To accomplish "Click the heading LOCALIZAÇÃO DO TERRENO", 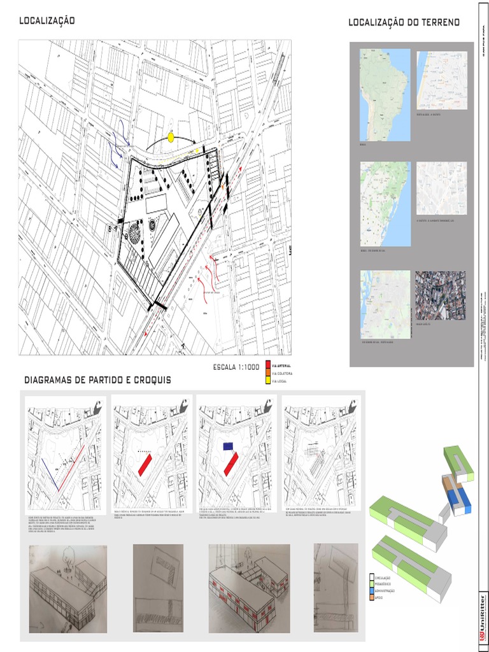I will pyautogui.click(x=404, y=23).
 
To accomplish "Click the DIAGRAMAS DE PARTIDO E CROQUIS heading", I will pyautogui.click(x=97, y=380).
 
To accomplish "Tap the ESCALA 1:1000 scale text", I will pyautogui.click(x=236, y=367).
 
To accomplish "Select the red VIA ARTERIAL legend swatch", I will pyautogui.click(x=268, y=365).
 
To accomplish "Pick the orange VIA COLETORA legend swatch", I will pyautogui.click(x=268, y=373).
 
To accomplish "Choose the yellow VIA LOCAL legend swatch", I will pyautogui.click(x=268, y=381).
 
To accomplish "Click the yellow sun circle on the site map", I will pyautogui.click(x=171, y=137).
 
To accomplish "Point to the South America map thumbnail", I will pyautogui.click(x=385, y=95).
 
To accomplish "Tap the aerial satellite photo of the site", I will pyautogui.click(x=441, y=295).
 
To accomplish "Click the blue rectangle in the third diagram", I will pyautogui.click(x=227, y=446).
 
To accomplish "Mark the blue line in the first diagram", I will pyautogui.click(x=50, y=474).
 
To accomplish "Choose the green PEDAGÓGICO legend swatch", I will pyautogui.click(x=372, y=585).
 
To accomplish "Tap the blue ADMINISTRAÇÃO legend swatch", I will pyautogui.click(x=372, y=591).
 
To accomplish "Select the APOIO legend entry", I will pyautogui.click(x=381, y=597).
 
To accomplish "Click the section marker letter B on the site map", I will pyautogui.click(x=110, y=228).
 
